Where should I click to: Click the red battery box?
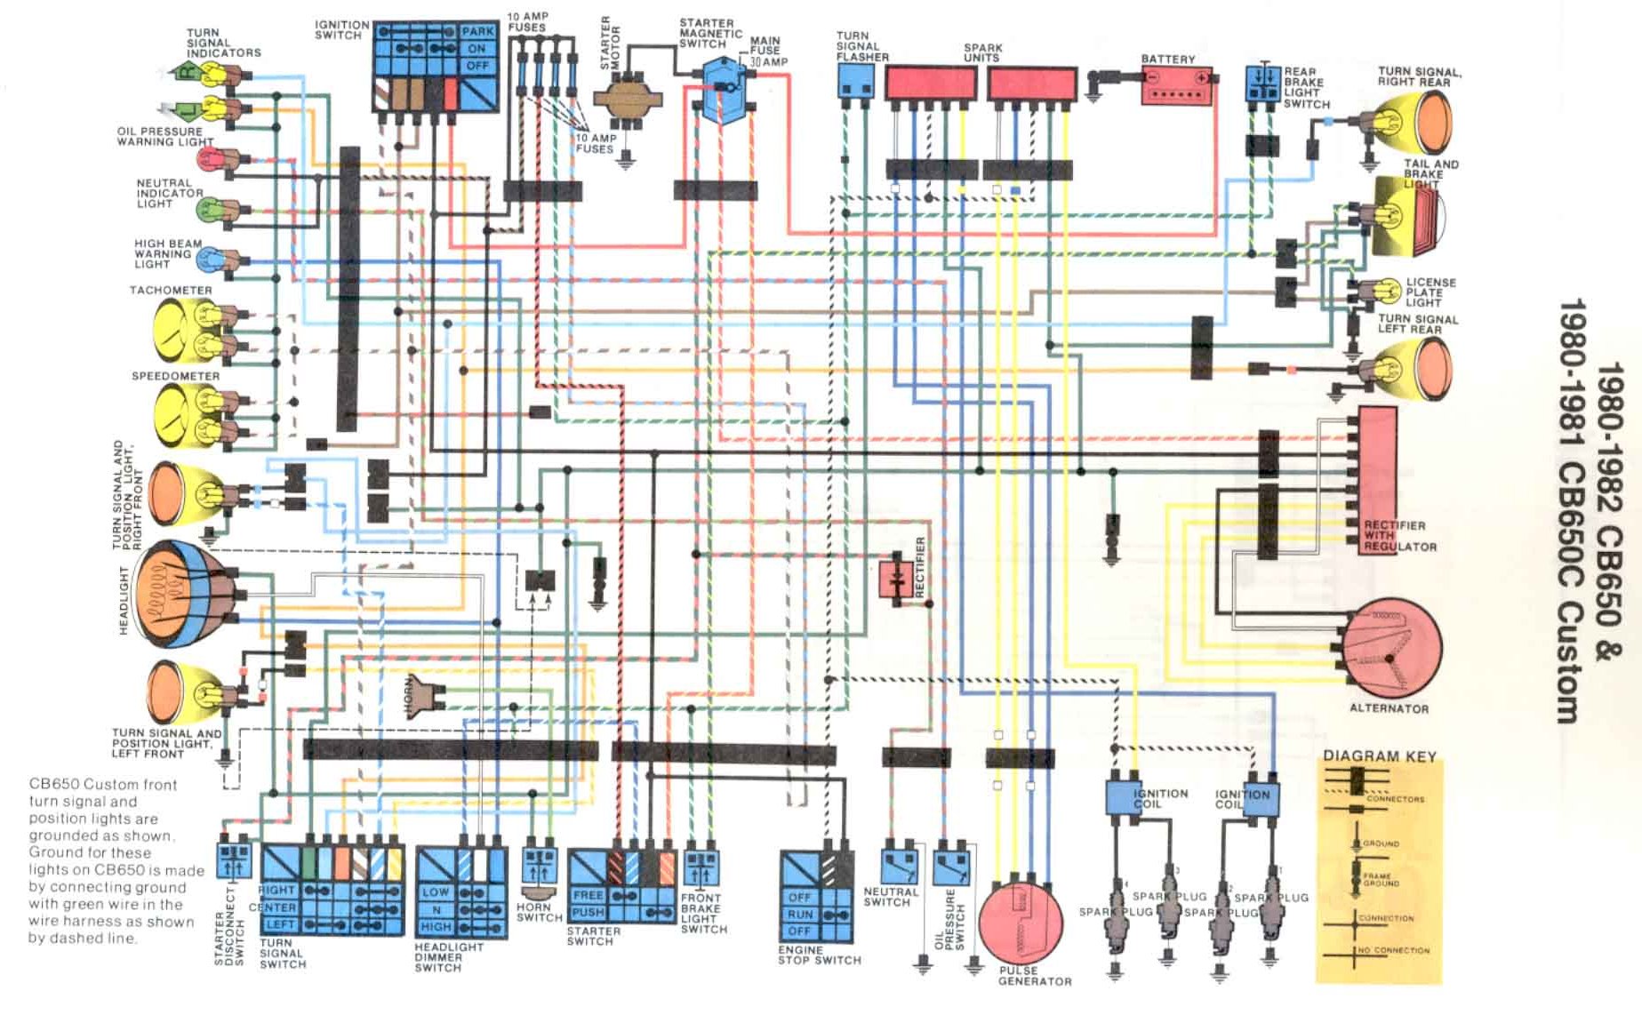click(x=1176, y=86)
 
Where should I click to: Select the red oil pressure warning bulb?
click(x=209, y=160)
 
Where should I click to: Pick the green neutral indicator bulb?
click(x=210, y=211)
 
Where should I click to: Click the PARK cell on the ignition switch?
click(x=477, y=32)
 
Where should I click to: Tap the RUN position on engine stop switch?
click(x=800, y=915)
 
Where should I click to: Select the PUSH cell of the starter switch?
click(x=588, y=913)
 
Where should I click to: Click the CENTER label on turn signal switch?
click(x=272, y=907)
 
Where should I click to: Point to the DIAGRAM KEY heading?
click(x=1379, y=756)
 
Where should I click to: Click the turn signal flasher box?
click(x=855, y=80)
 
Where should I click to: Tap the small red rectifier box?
click(x=892, y=579)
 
